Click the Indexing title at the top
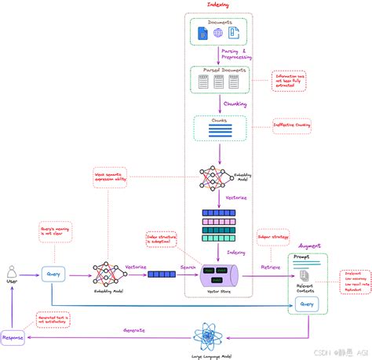coord(218,5)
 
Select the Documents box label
coord(219,23)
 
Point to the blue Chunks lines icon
coord(219,130)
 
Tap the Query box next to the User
coord(53,274)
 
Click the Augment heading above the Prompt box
coord(307,245)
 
